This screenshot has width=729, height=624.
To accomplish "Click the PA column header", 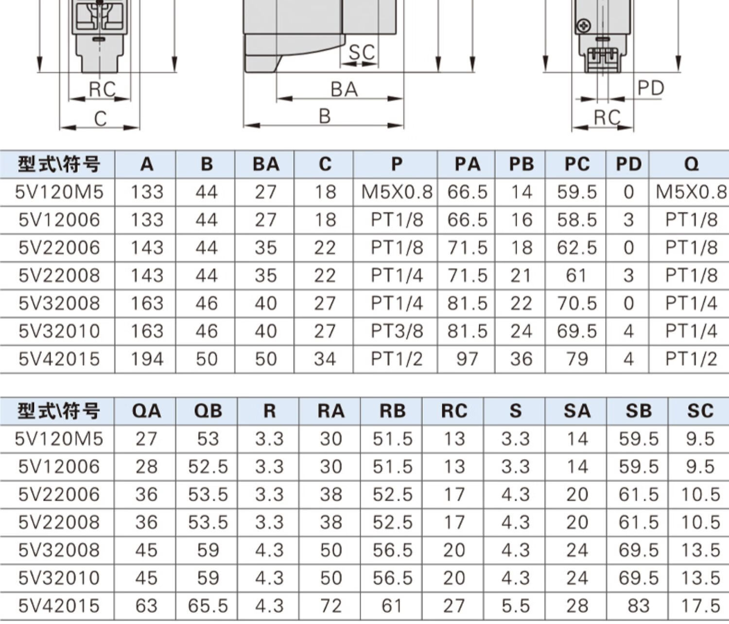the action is pyautogui.click(x=468, y=164).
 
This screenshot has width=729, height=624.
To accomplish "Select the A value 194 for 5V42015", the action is pyautogui.click(x=147, y=359).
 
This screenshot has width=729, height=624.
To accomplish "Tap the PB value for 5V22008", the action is pyautogui.click(x=521, y=275).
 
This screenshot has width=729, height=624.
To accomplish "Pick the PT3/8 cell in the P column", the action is pyautogui.click(x=397, y=331).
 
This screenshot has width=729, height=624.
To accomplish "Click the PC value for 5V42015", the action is pyautogui.click(x=577, y=359).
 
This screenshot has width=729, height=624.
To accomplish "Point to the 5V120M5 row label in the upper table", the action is pyautogui.click(x=59, y=192).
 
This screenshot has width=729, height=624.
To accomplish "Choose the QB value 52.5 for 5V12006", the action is pyautogui.click(x=208, y=467).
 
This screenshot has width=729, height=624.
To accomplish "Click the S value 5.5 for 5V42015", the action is pyautogui.click(x=516, y=606).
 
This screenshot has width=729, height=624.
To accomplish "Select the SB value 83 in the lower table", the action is pyautogui.click(x=638, y=606).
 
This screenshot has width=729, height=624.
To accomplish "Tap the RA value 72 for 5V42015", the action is pyautogui.click(x=331, y=606).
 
